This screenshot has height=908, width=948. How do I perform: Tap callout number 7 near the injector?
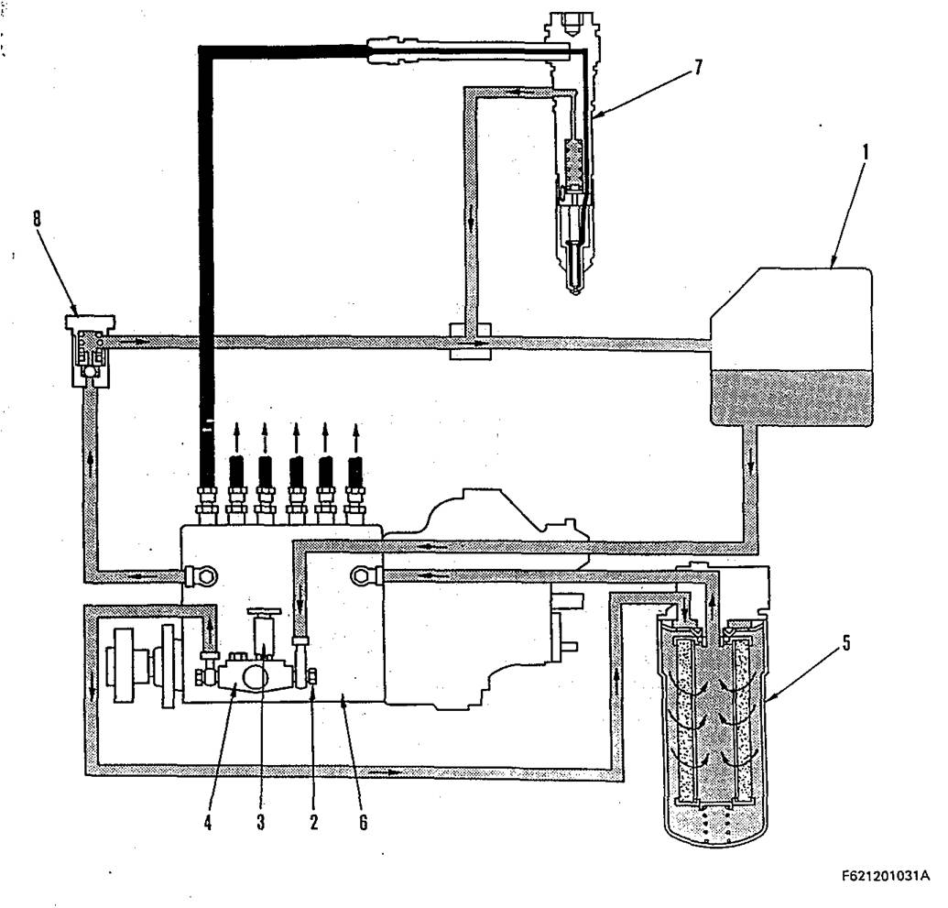click(x=698, y=68)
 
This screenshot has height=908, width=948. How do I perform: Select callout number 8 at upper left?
click(x=38, y=219)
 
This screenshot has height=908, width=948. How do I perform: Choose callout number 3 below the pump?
click(x=261, y=821)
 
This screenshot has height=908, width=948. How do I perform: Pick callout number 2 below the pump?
click(x=313, y=821)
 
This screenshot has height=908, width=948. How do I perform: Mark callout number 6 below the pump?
click(x=363, y=821)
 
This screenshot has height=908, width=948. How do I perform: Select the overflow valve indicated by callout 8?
click(x=90, y=353)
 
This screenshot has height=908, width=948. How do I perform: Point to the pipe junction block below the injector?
click(x=469, y=341)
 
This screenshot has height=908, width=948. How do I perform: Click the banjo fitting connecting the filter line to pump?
click(x=365, y=575)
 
